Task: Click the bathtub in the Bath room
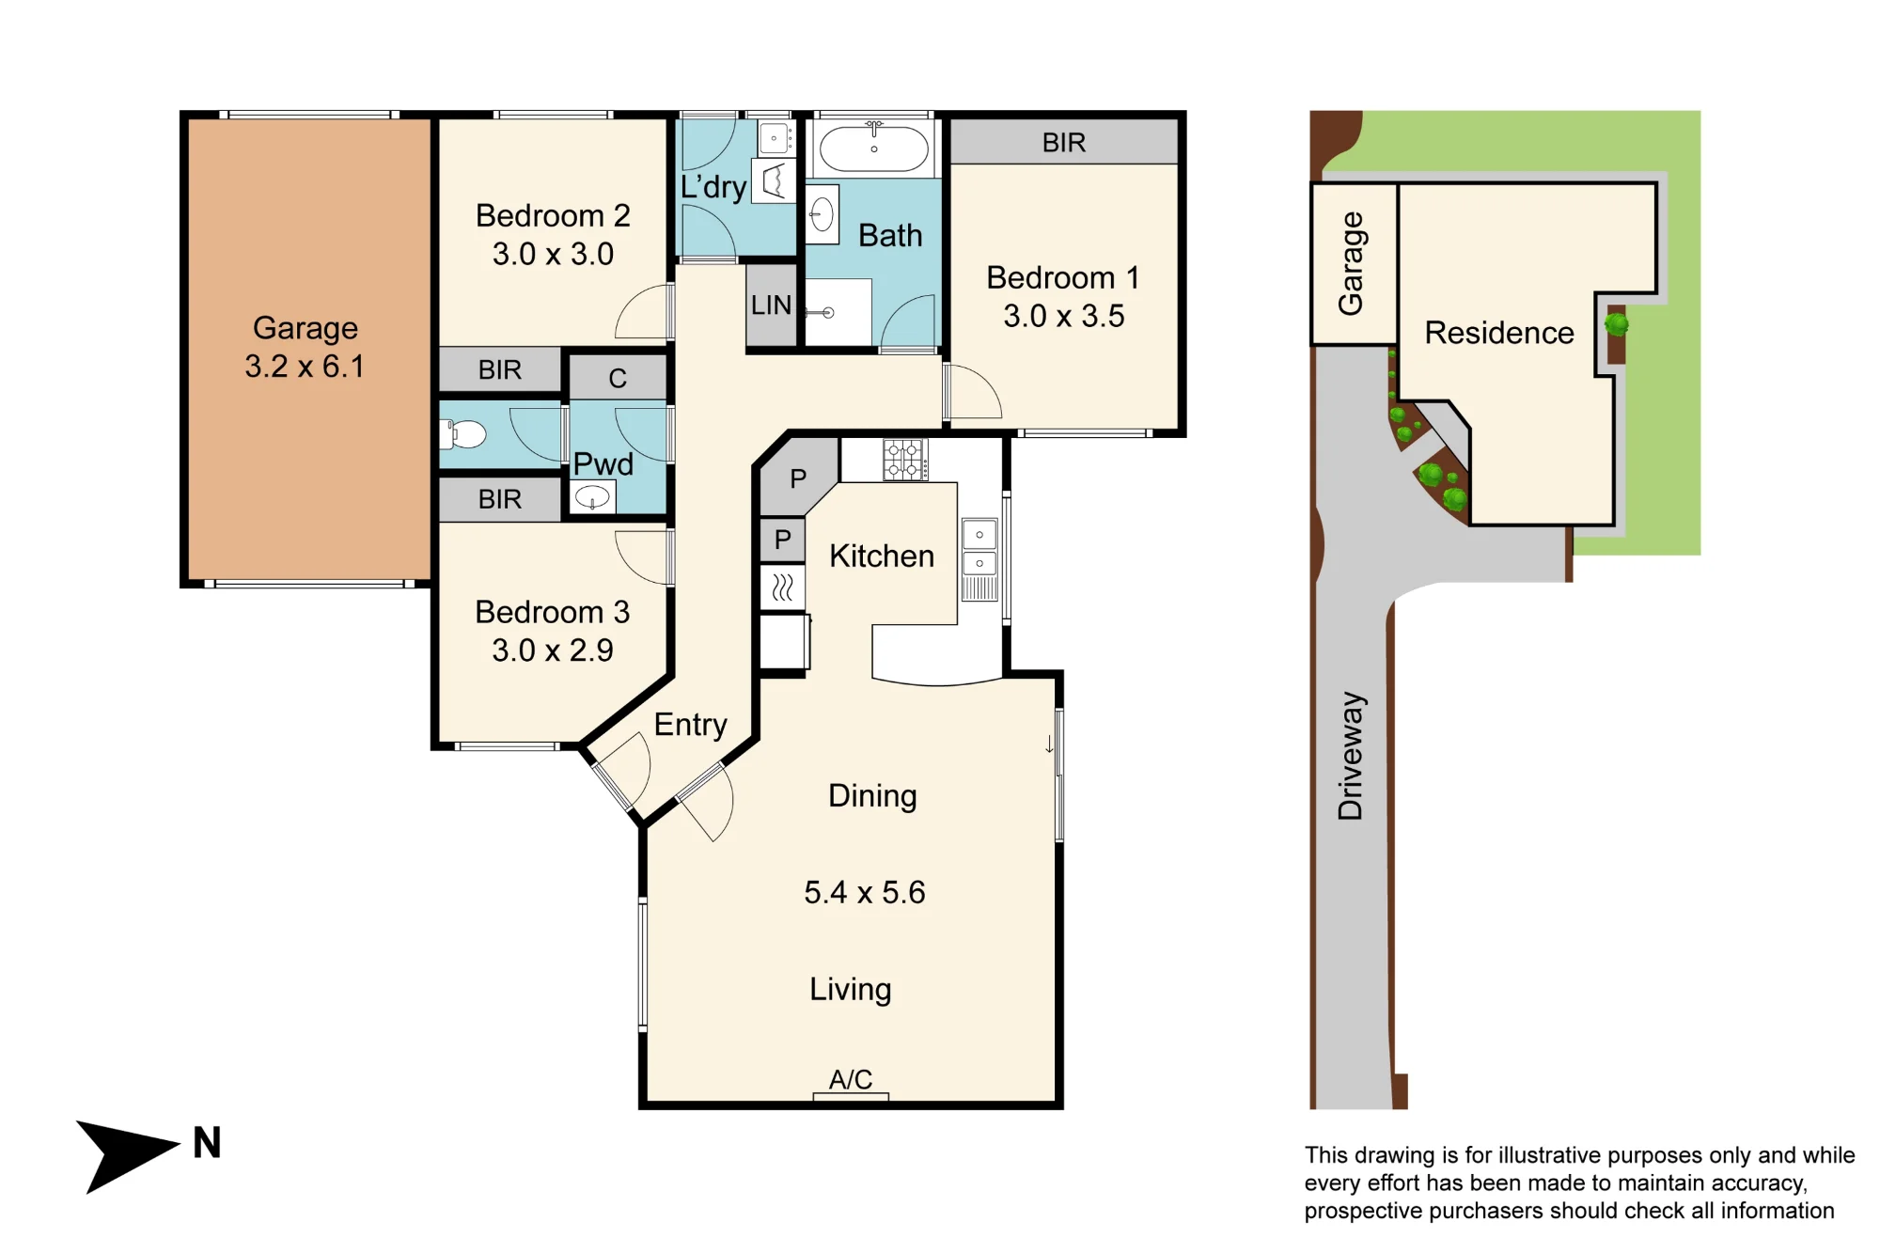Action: [x=874, y=149]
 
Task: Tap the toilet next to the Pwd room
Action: [x=463, y=434]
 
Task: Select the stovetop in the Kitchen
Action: [x=905, y=460]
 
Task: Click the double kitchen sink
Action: [x=979, y=559]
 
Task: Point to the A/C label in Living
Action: [x=851, y=1079]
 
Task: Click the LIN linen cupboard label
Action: [x=771, y=305]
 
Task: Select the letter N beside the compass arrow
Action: [x=207, y=1143]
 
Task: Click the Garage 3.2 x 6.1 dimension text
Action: [x=305, y=366]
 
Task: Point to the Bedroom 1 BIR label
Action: [x=1064, y=143]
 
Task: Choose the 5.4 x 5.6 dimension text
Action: [x=865, y=892]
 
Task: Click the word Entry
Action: [x=691, y=725]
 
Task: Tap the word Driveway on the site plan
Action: [x=1351, y=757]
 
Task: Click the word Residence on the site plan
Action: [x=1499, y=333]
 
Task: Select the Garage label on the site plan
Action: [x=1351, y=263]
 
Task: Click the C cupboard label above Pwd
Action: [x=618, y=378]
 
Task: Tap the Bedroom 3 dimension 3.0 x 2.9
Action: [x=553, y=650]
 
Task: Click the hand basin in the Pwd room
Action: [x=592, y=496]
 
